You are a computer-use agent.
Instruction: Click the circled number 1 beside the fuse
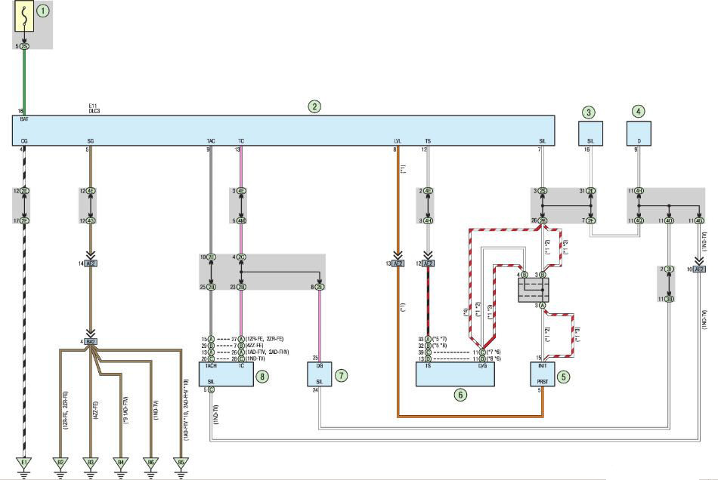pyautogui.click(x=43, y=11)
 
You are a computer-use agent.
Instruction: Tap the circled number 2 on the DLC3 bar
pyautogui.click(x=314, y=106)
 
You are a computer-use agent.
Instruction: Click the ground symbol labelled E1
pyautogui.click(x=24, y=462)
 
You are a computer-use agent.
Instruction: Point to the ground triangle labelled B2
pyautogui.click(x=61, y=462)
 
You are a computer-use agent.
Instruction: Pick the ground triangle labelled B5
pyautogui.click(x=181, y=462)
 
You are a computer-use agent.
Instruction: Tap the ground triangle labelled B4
pyautogui.click(x=120, y=462)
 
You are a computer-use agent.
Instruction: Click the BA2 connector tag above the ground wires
pyautogui.click(x=91, y=342)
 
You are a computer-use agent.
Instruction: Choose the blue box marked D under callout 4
pyautogui.click(x=639, y=133)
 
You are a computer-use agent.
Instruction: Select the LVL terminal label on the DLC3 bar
pyautogui.click(x=397, y=141)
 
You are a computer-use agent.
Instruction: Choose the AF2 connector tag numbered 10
pyautogui.click(x=699, y=269)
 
